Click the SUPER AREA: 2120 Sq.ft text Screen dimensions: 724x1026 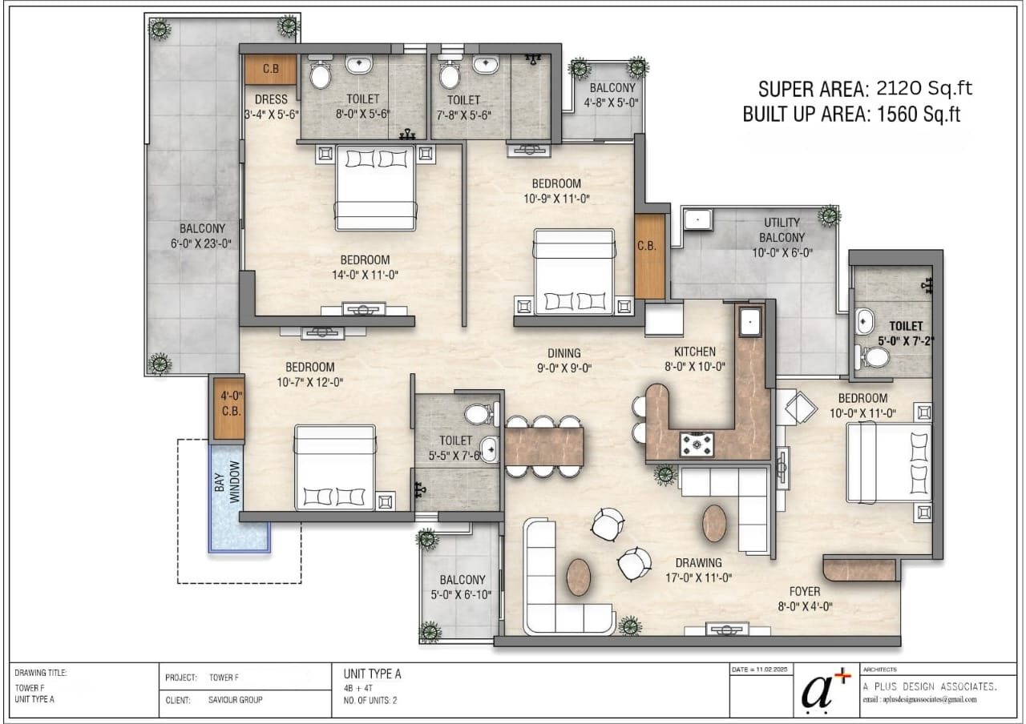pyautogui.click(x=866, y=88)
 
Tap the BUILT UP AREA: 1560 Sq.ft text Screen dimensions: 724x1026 pyautogui.click(x=851, y=115)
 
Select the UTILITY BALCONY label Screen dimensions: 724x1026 pyautogui.click(x=782, y=231)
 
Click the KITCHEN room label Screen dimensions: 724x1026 pyautogui.click(x=694, y=352)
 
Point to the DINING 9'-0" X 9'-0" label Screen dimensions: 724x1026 pyautogui.click(x=564, y=360)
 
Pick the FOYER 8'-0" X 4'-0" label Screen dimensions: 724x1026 pyautogui.click(x=804, y=599)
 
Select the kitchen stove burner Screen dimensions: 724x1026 pyautogui.click(x=696, y=442)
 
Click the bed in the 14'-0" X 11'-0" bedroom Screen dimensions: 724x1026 pyautogui.click(x=375, y=187)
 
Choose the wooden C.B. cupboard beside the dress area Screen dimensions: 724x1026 pyautogui.click(x=271, y=69)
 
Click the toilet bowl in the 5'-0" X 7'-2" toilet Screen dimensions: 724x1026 pyautogui.click(x=877, y=356)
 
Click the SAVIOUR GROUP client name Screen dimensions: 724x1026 pyautogui.click(x=235, y=699)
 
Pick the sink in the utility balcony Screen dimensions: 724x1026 pyautogui.click(x=697, y=217)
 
